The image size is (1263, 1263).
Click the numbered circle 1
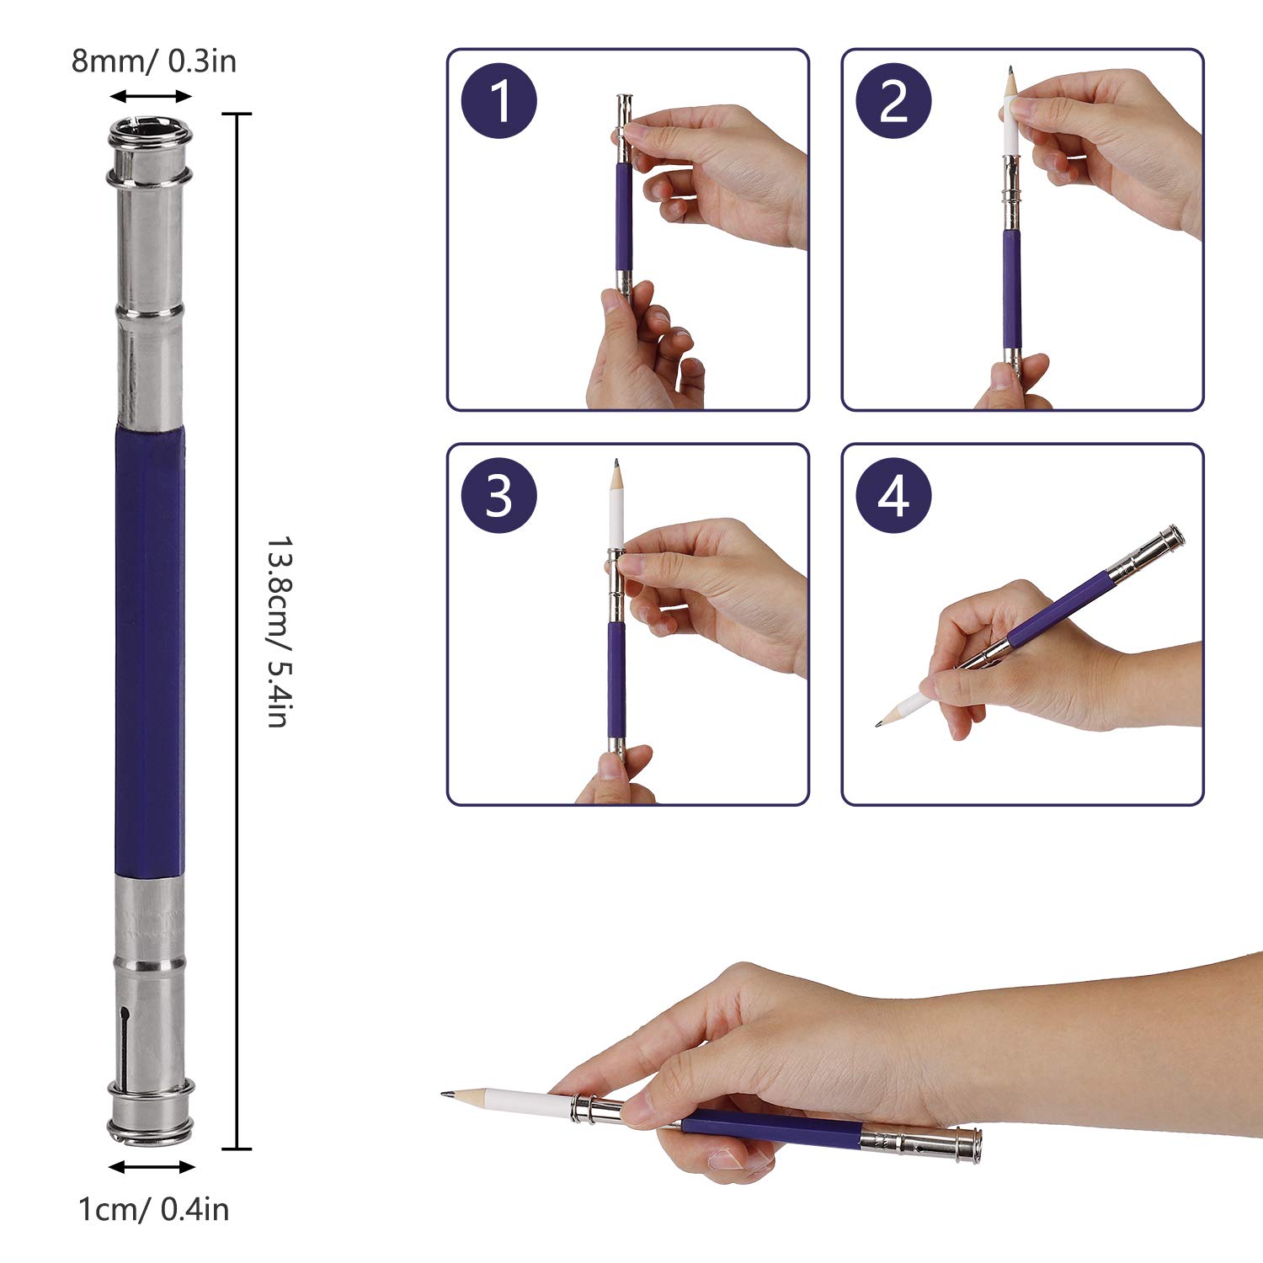[x=499, y=101]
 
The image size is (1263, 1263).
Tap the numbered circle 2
[x=893, y=101]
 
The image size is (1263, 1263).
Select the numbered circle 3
[x=499, y=495]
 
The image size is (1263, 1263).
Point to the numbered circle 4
[x=893, y=495]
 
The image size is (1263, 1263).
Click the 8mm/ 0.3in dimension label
[x=154, y=61]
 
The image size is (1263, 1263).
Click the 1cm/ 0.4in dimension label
[x=153, y=1210]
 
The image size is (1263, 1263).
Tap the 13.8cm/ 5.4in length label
[x=278, y=631]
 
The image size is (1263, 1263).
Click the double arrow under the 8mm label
[x=152, y=96]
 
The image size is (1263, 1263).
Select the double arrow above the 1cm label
[x=152, y=1167]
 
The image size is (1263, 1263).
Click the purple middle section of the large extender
[x=150, y=651]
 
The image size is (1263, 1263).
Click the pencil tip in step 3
[x=616, y=464]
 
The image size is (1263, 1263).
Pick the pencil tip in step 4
[x=880, y=723]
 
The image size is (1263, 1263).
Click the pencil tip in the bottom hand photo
[x=445, y=1094]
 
